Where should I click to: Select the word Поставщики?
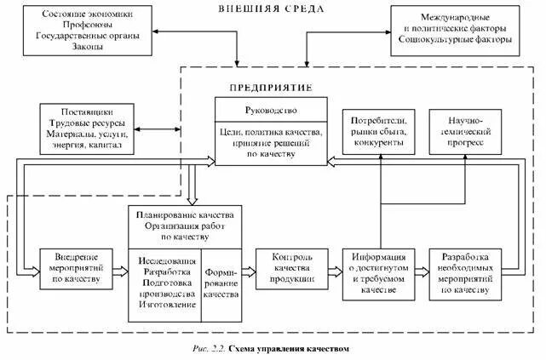(88, 111)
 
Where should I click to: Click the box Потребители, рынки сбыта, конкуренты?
(378, 132)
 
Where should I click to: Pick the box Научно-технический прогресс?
(466, 132)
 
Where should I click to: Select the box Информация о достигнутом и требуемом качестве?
(379, 272)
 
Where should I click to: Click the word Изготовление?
(164, 305)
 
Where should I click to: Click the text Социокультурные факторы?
(455, 39)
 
